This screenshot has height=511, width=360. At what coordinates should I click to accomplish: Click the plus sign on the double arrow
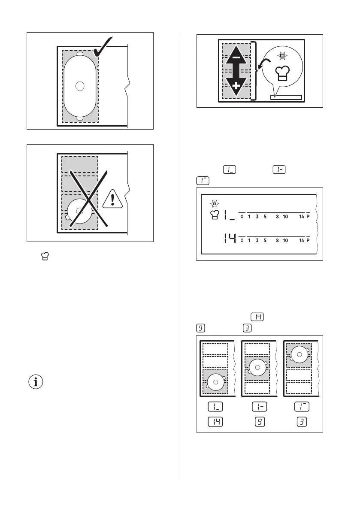point(236,86)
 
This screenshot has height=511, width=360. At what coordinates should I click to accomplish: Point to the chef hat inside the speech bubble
point(282,73)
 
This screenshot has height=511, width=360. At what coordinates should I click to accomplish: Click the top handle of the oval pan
point(80,54)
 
